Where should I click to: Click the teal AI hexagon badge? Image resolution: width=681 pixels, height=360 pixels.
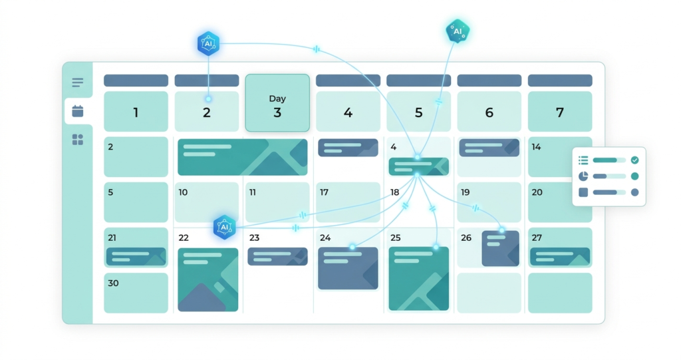(458, 31)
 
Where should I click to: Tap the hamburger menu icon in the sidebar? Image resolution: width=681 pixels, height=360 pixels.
(78, 82)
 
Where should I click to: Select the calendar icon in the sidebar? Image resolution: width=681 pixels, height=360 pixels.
(78, 111)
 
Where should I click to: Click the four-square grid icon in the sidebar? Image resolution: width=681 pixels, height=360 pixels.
(78, 140)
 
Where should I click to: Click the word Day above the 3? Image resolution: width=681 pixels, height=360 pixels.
(277, 98)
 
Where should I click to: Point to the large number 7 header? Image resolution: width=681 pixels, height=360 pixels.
(560, 112)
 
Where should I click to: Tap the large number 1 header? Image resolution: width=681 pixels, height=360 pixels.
(136, 112)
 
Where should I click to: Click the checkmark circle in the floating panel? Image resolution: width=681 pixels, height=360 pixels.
(634, 160)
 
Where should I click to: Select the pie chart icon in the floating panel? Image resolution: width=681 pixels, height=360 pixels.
(583, 176)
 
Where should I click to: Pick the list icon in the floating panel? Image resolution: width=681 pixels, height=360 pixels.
(583, 160)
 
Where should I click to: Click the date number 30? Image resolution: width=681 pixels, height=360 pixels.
(113, 283)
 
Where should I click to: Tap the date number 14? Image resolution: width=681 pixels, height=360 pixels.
(537, 147)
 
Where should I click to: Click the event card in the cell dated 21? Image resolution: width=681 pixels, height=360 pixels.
(136, 256)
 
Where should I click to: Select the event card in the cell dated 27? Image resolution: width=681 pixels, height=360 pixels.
(560, 256)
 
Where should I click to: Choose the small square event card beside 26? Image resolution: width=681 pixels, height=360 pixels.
(500, 248)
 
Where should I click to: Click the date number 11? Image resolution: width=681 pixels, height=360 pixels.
(252, 192)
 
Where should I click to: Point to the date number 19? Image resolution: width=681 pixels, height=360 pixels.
(465, 192)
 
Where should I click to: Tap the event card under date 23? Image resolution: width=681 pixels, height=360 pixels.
(277, 256)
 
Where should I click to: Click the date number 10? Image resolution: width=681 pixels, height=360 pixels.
(183, 192)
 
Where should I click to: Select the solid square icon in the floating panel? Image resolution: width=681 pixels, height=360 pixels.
(583, 192)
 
